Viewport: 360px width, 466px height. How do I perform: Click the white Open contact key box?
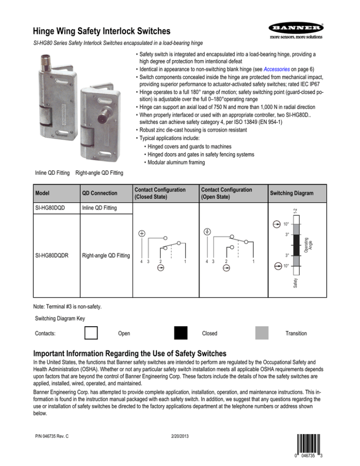[91, 333]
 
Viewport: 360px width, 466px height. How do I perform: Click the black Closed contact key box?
[180, 333]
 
